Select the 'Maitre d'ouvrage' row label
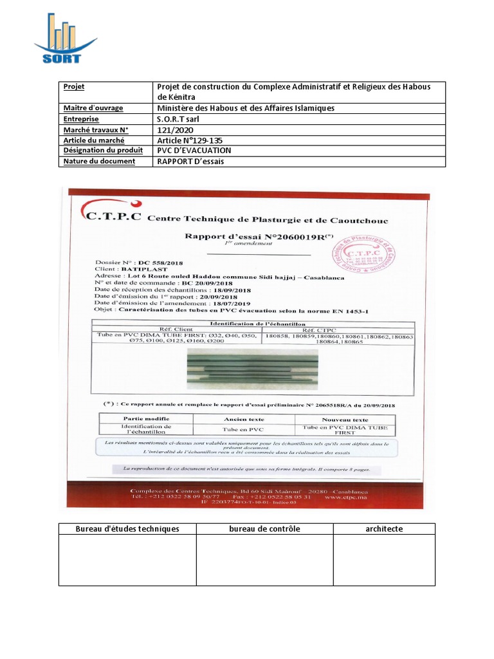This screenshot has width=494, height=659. (93, 108)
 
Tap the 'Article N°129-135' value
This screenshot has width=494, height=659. (190, 140)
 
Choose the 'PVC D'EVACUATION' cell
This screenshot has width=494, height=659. (194, 151)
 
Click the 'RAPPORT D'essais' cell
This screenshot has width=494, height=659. (191, 162)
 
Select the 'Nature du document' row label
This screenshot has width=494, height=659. (98, 162)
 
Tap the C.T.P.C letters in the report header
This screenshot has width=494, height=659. (111, 215)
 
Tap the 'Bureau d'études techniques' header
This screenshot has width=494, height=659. (127, 529)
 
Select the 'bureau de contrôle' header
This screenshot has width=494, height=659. (264, 529)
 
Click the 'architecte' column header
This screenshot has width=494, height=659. (384, 529)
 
